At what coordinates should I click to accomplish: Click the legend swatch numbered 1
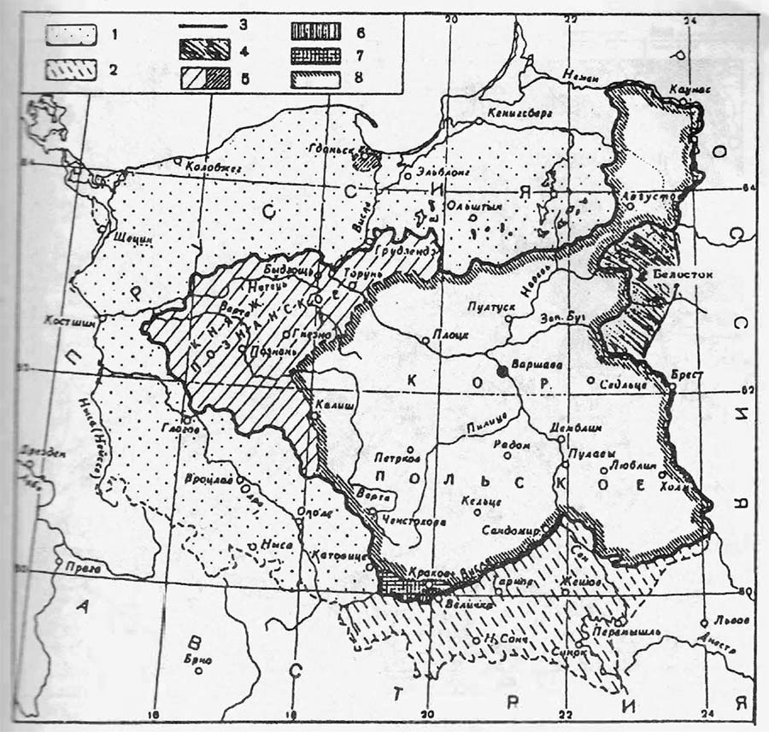[x=72, y=38]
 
